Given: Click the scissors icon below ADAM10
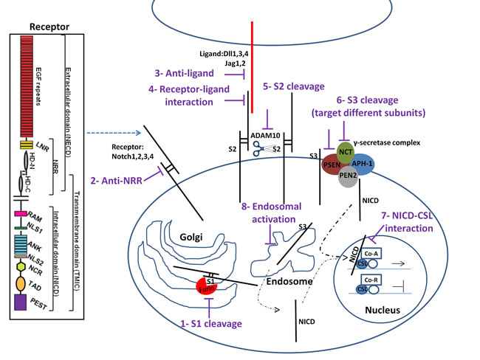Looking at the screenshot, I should [258, 148].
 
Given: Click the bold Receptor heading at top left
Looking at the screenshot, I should [48, 8].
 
